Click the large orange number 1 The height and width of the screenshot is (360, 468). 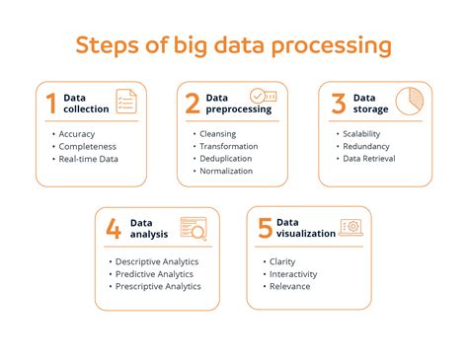[x=49, y=104]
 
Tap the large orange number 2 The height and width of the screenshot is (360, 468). [x=192, y=104]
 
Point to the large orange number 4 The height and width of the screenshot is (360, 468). [x=114, y=229]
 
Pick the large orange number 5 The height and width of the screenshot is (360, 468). [x=265, y=229]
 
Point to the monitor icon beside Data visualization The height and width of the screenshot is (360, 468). [x=351, y=228]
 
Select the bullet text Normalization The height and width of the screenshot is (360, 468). [x=225, y=171]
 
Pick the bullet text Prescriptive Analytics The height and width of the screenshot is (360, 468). [x=157, y=286]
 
